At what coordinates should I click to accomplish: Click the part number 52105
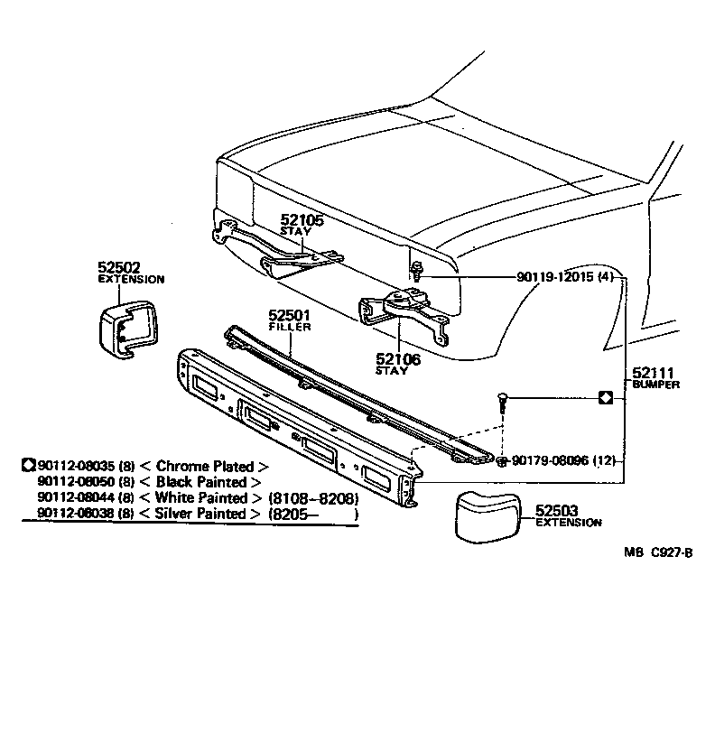click(x=301, y=219)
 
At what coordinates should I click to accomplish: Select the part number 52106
click(x=398, y=358)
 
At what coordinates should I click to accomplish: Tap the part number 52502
click(x=119, y=267)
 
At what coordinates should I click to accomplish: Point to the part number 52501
click(x=289, y=315)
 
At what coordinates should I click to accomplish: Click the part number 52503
click(x=556, y=511)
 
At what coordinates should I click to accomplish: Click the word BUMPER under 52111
click(x=655, y=384)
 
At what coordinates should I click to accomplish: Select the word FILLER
click(x=289, y=327)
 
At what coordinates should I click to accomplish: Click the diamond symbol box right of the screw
click(x=606, y=397)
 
